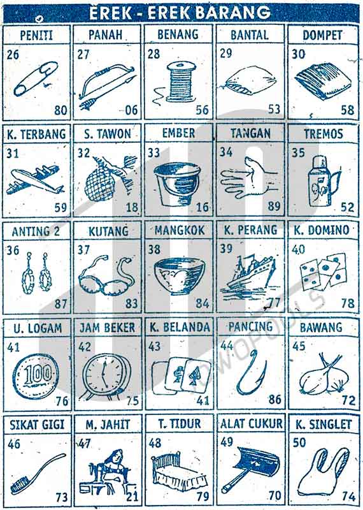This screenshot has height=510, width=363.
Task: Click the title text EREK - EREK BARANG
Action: point(180,13)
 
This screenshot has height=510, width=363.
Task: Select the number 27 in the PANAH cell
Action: point(83,54)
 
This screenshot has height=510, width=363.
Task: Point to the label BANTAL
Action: point(250,35)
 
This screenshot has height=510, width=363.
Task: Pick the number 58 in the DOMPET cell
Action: point(348,110)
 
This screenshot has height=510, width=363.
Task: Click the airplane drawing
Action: point(35,180)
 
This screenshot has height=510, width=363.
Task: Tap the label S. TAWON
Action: point(108,134)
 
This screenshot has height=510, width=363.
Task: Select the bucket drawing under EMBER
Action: point(177,184)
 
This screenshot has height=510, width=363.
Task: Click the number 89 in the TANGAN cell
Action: point(274,206)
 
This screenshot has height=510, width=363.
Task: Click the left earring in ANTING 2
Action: point(28,273)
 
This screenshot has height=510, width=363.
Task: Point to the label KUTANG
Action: point(108,231)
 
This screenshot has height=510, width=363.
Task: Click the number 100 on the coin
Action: point(38,374)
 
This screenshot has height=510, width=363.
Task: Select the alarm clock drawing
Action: point(106,376)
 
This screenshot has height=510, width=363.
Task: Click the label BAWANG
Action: point(321,327)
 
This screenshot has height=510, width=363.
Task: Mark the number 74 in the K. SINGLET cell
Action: point(348,497)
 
